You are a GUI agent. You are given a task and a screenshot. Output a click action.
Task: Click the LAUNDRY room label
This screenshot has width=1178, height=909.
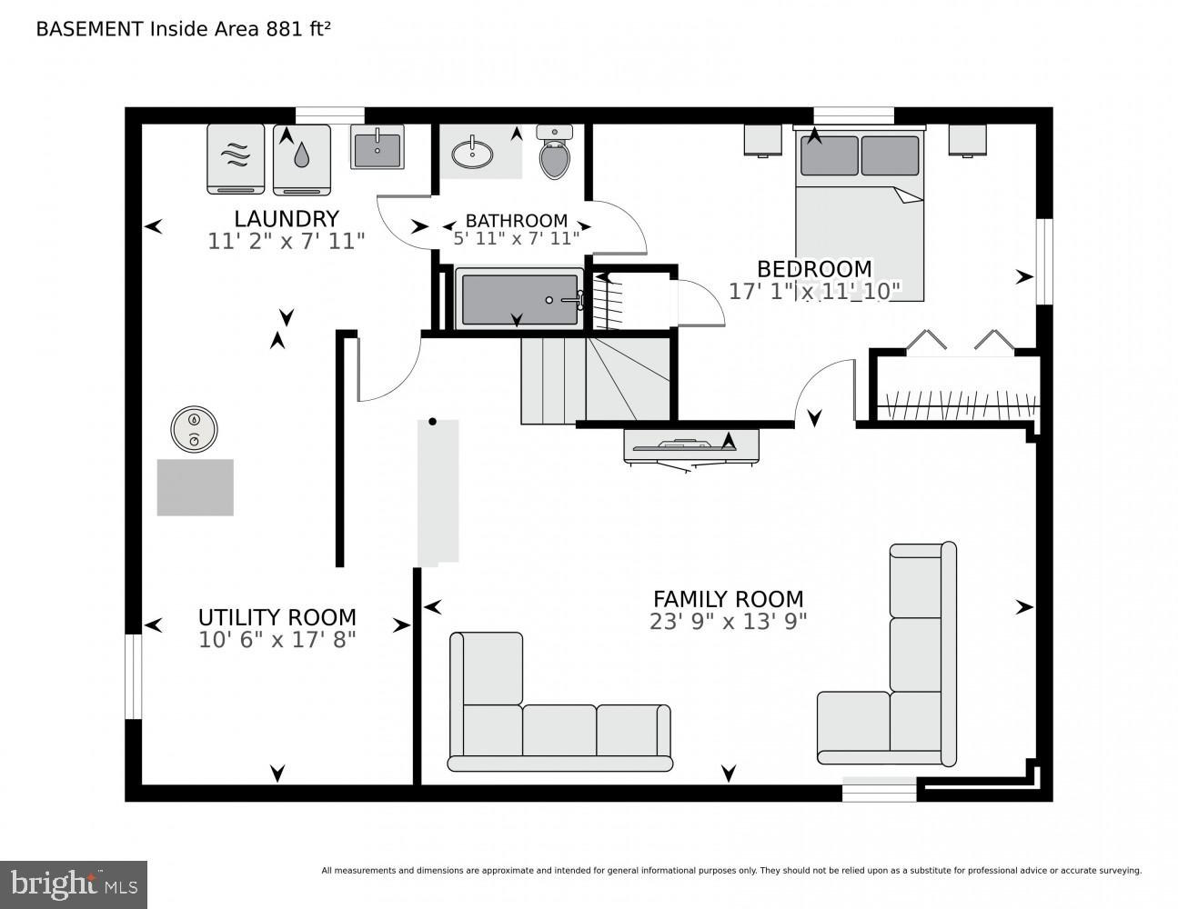click(286, 219)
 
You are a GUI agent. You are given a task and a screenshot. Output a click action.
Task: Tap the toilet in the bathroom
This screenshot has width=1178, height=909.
click(554, 155)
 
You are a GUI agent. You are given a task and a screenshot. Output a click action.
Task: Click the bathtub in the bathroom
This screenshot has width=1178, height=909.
click(519, 299)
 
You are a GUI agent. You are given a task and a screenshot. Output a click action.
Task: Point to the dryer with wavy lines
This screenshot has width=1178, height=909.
click(236, 159)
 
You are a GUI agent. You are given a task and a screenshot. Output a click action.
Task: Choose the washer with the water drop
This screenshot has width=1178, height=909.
click(301, 159)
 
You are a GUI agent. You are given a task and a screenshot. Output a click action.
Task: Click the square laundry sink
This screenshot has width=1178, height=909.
click(378, 147)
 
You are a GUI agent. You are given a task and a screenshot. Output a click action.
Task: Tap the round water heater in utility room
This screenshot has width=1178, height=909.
click(194, 428)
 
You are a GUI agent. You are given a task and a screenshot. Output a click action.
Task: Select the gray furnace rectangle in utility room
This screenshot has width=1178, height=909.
click(195, 487)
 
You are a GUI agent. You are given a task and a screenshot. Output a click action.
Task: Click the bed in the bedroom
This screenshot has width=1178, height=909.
click(860, 218)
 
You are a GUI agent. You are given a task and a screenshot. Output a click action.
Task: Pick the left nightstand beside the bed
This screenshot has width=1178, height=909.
click(762, 140)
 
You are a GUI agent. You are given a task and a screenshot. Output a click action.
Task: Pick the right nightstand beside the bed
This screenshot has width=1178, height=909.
click(968, 140)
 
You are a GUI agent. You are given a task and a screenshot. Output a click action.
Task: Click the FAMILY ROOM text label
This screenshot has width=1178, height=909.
click(728, 599)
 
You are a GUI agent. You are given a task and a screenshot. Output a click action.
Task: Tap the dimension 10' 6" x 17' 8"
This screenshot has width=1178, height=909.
click(277, 640)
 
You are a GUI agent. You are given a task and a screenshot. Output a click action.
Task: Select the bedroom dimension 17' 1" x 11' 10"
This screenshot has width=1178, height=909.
click(814, 291)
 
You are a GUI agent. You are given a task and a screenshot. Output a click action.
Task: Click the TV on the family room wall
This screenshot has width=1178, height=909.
click(691, 445)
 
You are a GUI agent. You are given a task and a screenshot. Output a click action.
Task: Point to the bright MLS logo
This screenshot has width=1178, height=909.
click(74, 884)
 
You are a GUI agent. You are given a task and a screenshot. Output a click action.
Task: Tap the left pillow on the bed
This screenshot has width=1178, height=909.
click(829, 155)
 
